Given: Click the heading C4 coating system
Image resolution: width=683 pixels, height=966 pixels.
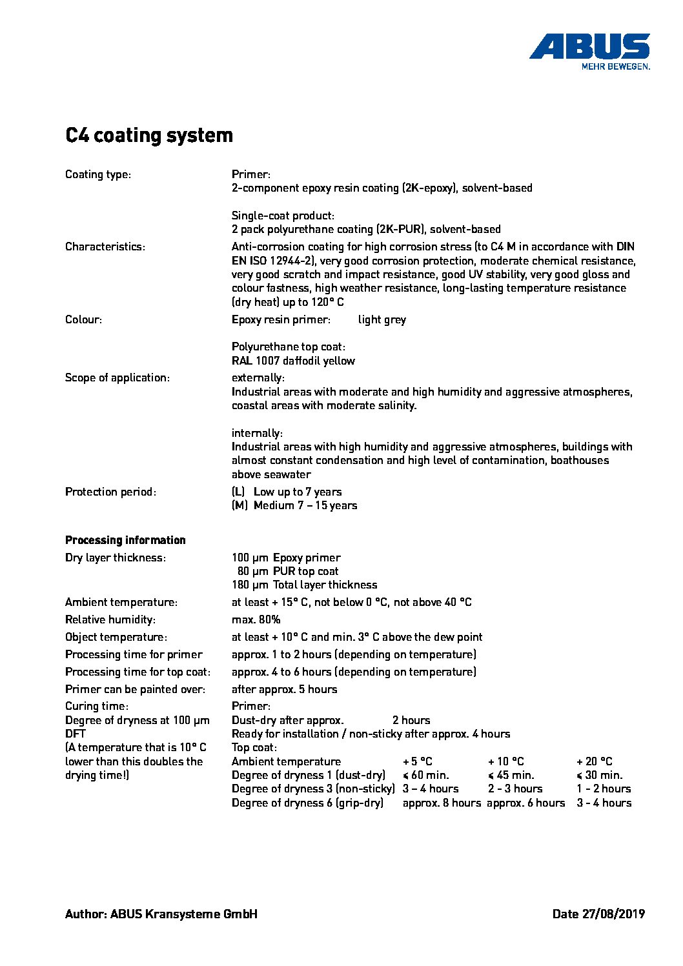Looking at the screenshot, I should [x=149, y=136].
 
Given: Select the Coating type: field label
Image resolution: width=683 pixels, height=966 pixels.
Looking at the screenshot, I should [x=98, y=174].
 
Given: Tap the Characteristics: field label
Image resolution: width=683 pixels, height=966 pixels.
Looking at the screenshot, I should [x=105, y=247].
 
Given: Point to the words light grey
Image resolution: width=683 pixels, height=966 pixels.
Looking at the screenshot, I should [x=382, y=319].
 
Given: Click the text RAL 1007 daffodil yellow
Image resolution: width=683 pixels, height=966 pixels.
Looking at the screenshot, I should [x=293, y=361].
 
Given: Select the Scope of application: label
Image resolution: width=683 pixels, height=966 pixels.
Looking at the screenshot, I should [x=117, y=377].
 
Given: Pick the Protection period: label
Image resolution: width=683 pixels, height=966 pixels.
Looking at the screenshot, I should [x=111, y=492].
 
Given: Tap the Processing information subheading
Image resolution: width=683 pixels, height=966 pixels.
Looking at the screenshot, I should [x=125, y=540].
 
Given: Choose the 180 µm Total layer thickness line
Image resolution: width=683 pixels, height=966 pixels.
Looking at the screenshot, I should [x=304, y=585].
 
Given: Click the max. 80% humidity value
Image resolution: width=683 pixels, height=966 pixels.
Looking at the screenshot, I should [x=256, y=619].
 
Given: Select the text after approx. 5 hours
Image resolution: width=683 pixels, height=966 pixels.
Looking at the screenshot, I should [x=284, y=689].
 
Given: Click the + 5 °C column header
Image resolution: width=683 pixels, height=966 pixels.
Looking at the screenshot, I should [x=417, y=761].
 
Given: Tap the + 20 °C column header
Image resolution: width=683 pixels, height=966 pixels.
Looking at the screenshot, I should [x=594, y=761].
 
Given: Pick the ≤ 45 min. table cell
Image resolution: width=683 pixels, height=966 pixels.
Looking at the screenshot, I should [x=511, y=775].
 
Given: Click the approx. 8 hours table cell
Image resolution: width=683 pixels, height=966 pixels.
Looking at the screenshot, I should [x=442, y=803].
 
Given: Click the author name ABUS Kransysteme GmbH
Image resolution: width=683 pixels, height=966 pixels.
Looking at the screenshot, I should [x=183, y=914].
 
